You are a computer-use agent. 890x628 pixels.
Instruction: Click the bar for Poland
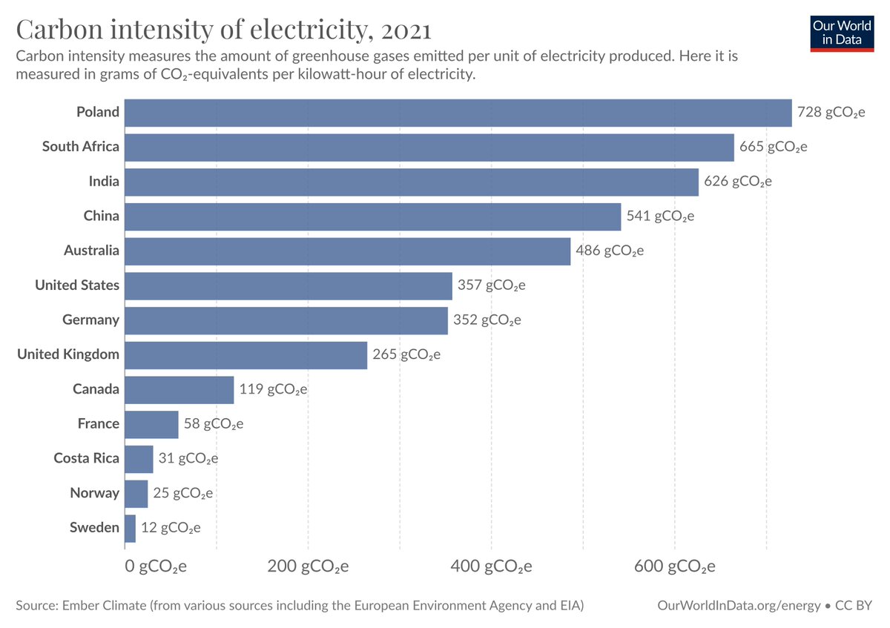[x=458, y=113]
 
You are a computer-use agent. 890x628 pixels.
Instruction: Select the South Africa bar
[x=429, y=147]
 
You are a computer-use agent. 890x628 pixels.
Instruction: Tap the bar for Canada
[x=179, y=389]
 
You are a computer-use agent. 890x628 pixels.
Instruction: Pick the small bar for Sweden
[x=130, y=528]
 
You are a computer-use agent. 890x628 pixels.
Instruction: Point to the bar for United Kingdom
[x=245, y=354]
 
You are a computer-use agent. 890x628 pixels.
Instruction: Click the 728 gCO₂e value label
[x=831, y=113]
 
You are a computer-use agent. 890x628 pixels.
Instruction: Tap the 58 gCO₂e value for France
[x=214, y=424]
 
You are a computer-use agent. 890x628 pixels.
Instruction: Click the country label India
[x=103, y=182]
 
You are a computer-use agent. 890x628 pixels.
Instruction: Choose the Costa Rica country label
[x=86, y=458]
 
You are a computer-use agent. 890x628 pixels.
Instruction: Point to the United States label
[x=77, y=285]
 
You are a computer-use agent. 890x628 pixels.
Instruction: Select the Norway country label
[x=94, y=493]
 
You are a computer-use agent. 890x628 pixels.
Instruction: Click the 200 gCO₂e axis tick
[x=308, y=567]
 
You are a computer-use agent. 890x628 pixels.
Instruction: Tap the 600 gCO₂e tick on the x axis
[x=674, y=567]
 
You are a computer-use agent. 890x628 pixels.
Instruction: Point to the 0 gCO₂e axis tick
[x=155, y=567]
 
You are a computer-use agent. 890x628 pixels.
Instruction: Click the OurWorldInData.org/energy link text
[x=739, y=606]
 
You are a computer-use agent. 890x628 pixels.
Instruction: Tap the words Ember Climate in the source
[x=102, y=606]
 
